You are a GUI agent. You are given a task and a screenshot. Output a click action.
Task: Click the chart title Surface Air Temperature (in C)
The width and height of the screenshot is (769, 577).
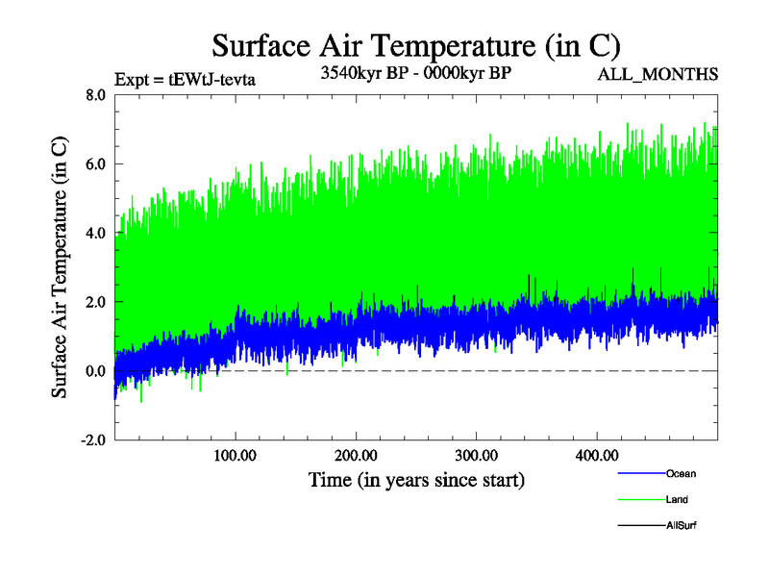pos(416,44)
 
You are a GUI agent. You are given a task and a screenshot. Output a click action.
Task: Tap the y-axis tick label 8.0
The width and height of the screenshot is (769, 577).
pos(96,95)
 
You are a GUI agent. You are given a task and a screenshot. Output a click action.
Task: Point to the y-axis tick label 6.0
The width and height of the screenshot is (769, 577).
pos(96,164)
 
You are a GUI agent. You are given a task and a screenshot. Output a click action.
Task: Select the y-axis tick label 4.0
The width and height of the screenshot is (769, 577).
pos(96,234)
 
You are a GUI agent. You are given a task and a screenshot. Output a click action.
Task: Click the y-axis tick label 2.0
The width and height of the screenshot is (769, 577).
pos(96,302)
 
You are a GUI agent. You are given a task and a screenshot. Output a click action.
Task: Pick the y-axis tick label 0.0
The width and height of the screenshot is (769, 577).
pos(96,371)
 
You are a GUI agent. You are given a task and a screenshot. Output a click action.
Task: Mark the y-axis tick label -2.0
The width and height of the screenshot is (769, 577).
pos(94,440)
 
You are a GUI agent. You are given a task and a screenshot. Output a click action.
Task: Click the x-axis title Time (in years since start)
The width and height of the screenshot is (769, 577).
pos(416,479)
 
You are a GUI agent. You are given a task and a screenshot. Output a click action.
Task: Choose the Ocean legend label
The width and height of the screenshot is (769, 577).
pos(681,474)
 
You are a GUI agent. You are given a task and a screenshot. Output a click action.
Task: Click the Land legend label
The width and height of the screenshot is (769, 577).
pos(678,500)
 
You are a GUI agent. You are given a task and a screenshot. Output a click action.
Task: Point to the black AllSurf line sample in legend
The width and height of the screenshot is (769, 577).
pos(639,526)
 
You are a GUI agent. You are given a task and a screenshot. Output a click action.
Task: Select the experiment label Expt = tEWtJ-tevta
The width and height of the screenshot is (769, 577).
pos(185,79)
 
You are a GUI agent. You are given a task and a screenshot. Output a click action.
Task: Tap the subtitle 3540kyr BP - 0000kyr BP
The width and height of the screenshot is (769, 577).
pos(415,74)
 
